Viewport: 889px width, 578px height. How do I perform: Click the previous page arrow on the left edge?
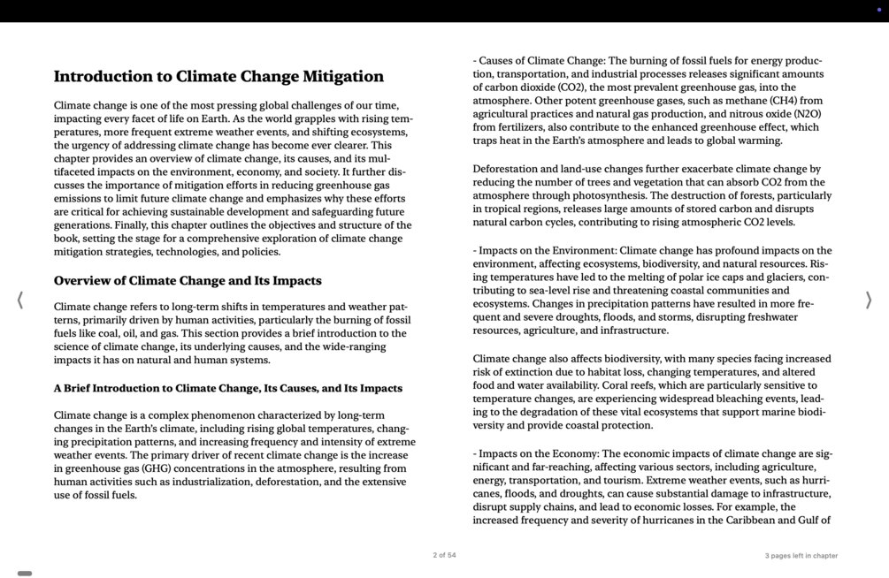[x=19, y=300]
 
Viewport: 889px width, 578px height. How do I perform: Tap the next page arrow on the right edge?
[x=868, y=300]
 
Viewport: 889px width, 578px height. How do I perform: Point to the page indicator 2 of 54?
[x=444, y=556]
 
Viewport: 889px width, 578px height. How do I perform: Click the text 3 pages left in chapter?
[x=801, y=556]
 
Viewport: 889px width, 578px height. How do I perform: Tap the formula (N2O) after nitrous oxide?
[x=807, y=114]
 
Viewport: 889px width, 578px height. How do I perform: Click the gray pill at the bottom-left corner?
[x=25, y=574]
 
